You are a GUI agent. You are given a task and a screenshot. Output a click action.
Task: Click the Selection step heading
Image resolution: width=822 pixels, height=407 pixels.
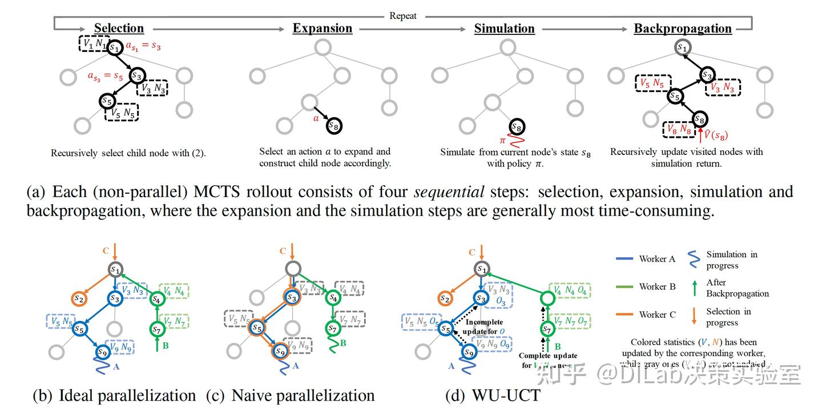pyautogui.click(x=119, y=29)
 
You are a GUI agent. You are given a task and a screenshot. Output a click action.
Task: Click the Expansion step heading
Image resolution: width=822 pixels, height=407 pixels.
pyautogui.click(x=323, y=29)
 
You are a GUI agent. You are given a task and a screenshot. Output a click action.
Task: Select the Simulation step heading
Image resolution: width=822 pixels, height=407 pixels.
pyautogui.click(x=504, y=29)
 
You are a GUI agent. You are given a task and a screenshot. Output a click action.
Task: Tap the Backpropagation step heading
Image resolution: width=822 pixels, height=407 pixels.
pyautogui.click(x=683, y=29)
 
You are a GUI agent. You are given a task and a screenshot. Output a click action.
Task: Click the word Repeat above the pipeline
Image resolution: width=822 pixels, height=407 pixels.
pyautogui.click(x=403, y=16)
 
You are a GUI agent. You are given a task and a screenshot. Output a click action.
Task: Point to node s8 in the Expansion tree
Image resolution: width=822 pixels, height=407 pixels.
pyautogui.click(x=334, y=126)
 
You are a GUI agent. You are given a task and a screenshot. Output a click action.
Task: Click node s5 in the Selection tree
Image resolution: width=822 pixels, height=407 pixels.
pyautogui.click(x=107, y=101)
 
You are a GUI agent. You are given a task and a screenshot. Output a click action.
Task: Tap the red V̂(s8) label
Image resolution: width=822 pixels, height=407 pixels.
pyautogui.click(x=714, y=136)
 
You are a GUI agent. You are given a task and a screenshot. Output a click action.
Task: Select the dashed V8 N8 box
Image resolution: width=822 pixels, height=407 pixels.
pyautogui.click(x=677, y=130)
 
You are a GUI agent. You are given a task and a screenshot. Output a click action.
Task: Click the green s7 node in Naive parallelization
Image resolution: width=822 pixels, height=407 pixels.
pyautogui.click(x=332, y=329)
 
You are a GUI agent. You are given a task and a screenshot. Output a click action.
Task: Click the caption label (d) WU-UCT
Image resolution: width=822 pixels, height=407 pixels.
pyautogui.click(x=493, y=395)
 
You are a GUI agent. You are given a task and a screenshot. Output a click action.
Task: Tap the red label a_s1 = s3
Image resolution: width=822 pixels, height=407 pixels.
pyautogui.click(x=143, y=46)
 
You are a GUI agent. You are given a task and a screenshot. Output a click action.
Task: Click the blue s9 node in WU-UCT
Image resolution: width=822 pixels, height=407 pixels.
pyautogui.click(x=469, y=353)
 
